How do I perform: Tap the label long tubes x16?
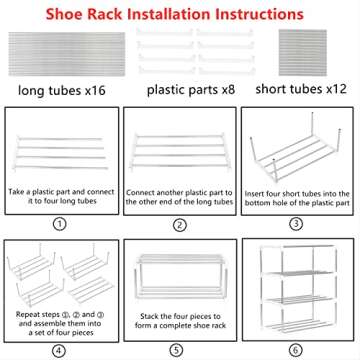[x=62, y=93]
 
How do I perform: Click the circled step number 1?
[x=61, y=225]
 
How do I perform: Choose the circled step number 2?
[x=179, y=225]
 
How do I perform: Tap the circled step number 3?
[x=297, y=225]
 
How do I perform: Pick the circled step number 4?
[x=61, y=350]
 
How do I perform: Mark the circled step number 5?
[x=179, y=350]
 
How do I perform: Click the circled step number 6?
[x=297, y=350]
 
